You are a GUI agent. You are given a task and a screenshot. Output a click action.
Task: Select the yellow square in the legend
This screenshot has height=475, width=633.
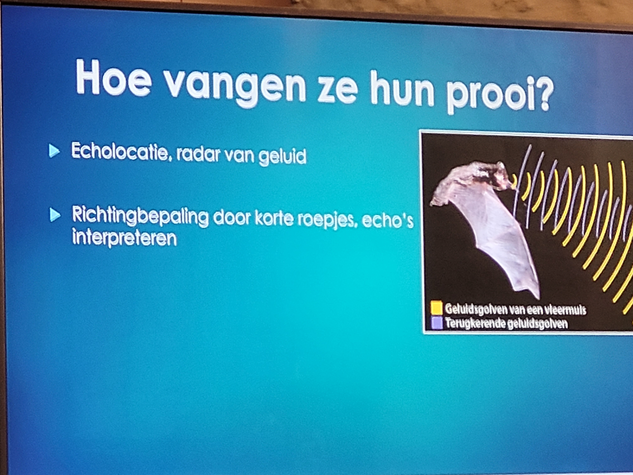pyautogui.click(x=437, y=308)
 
